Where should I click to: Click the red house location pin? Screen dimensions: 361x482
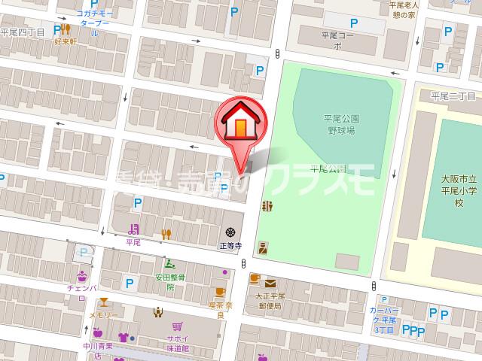coord(239,123)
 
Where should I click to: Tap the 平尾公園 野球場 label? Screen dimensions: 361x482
coord(340,124)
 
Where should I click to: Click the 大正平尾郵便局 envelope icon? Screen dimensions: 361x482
coord(269,284)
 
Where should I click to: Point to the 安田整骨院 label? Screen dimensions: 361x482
coord(171,281)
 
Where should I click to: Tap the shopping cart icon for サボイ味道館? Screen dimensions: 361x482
coord(177,326)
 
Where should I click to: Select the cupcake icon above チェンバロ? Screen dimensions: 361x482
coord(81,275)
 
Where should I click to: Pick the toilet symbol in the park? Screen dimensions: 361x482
coord(267,207)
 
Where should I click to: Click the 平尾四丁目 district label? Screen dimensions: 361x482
coord(23,32)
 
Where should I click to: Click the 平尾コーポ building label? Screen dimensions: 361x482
coord(337,39)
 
